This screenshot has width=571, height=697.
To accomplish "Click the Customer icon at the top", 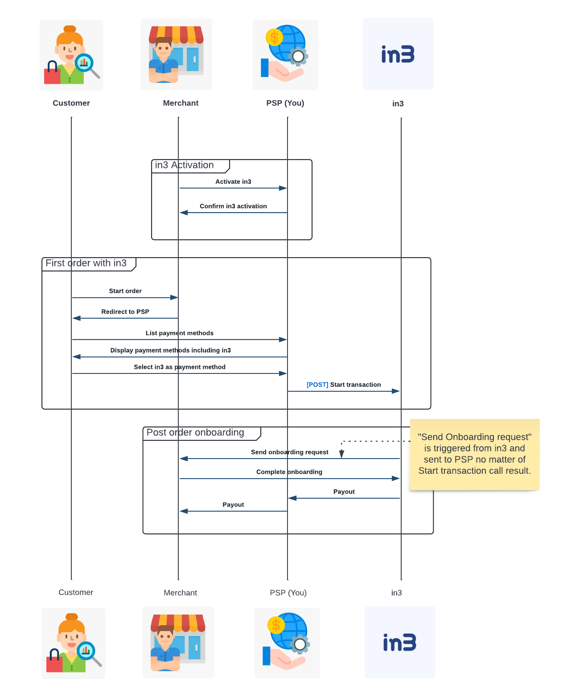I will (71, 55).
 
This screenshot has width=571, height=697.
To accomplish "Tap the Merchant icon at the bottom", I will (178, 642).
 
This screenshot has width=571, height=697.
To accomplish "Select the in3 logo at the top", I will (398, 54).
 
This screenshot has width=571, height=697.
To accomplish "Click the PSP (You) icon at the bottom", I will (287, 643).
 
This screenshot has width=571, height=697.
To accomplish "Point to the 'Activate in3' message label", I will (233, 182).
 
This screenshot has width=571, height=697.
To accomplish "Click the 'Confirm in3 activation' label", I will (233, 206).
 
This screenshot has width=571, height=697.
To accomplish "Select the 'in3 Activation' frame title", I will (185, 165).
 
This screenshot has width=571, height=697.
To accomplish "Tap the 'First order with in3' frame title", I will (86, 263).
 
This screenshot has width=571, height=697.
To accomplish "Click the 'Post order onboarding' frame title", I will (195, 433).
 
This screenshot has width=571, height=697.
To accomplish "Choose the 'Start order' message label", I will (125, 291).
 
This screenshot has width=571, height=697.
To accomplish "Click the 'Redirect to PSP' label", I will (125, 312).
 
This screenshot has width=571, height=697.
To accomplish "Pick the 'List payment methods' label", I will (180, 333).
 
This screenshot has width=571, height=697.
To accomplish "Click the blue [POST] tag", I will (317, 385).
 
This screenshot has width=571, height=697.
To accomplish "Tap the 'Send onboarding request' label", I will (290, 452).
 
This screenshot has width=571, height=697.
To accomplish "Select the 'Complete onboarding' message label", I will (289, 472).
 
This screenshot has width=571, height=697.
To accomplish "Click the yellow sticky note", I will (475, 454).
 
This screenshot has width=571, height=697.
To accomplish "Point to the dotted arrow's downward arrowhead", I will (341, 454).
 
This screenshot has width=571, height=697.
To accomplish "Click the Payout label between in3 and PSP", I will (344, 492).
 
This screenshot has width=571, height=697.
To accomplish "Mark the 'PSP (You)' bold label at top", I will (285, 103).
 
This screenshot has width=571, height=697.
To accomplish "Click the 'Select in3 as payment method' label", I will (180, 367).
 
